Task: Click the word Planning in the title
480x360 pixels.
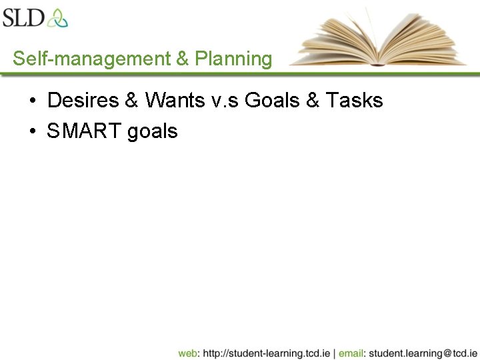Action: point(233,59)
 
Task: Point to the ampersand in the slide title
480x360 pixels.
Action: point(183,59)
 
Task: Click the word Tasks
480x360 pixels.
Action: point(354,101)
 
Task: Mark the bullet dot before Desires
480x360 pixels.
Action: point(33,101)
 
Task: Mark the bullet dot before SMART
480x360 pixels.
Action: point(33,131)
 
